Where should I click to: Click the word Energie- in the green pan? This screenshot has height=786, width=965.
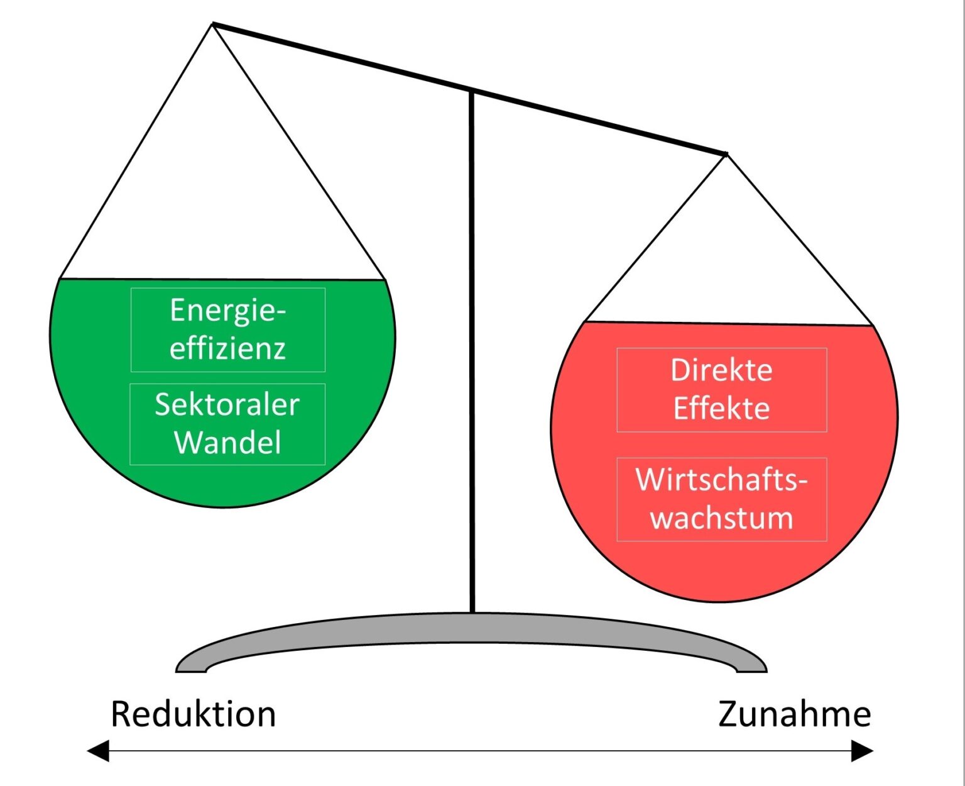[227, 311]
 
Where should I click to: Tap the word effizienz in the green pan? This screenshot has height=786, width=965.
[227, 348]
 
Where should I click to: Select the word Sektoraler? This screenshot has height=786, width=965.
[227, 404]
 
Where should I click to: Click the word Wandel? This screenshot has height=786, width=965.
[227, 443]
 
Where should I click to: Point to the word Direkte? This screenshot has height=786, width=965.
[721, 370]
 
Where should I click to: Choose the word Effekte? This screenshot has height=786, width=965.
[721, 409]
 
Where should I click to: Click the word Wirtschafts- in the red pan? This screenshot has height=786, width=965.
[721, 480]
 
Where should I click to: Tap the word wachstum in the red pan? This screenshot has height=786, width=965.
[721, 519]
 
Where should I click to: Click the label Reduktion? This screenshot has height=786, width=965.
[193, 714]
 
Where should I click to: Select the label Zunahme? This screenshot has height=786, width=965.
[794, 714]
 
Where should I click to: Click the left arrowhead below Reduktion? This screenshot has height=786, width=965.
[99, 751]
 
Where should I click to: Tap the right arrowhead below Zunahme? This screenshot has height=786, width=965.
[862, 751]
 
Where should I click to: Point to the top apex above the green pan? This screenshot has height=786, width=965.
[214, 25]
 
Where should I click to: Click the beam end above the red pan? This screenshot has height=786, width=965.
[726, 153]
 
